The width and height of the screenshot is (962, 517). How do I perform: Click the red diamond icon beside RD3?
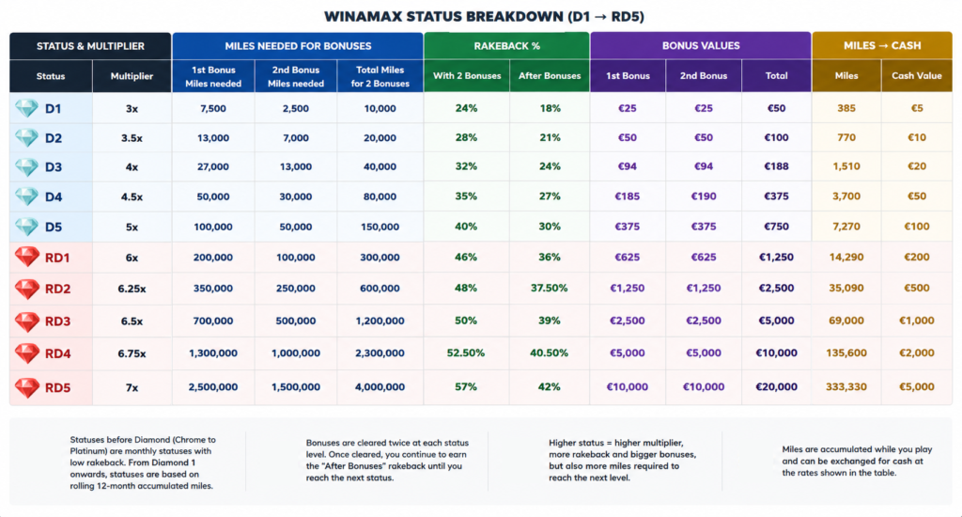pyautogui.click(x=27, y=321)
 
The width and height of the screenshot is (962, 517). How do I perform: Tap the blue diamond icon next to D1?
pyautogui.click(x=26, y=109)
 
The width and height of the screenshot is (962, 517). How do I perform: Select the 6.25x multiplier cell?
pyautogui.click(x=132, y=289)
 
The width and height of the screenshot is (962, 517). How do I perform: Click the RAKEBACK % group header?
pyautogui.click(x=506, y=46)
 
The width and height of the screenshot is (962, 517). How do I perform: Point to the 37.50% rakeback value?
pyautogui.click(x=549, y=288)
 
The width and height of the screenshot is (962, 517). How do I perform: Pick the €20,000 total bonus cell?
pyautogui.click(x=776, y=387)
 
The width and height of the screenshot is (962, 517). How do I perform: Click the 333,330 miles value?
pyautogui.click(x=846, y=387)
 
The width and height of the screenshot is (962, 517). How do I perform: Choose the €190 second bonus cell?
pyautogui.click(x=703, y=196)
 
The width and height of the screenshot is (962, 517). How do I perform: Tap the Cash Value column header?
pyautogui.click(x=917, y=76)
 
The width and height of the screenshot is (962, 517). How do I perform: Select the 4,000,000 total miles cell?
pyautogui.click(x=380, y=387)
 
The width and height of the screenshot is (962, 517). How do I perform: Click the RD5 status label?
pyautogui.click(x=57, y=388)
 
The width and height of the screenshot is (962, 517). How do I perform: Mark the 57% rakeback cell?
pyautogui.click(x=466, y=387)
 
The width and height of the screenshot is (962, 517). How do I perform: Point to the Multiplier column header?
pyautogui.click(x=132, y=76)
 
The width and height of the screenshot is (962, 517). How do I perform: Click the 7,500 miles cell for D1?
pyautogui.click(x=213, y=109)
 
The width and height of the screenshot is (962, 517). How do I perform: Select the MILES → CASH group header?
pyautogui.click(x=881, y=46)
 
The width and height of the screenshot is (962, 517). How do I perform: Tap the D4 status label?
pyautogui.click(x=54, y=197)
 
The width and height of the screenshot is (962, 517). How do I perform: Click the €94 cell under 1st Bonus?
pyautogui.click(x=627, y=166)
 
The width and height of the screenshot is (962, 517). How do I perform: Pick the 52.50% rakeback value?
pyautogui.click(x=466, y=353)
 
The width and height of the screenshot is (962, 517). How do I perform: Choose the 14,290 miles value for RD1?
pyautogui.click(x=846, y=258)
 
